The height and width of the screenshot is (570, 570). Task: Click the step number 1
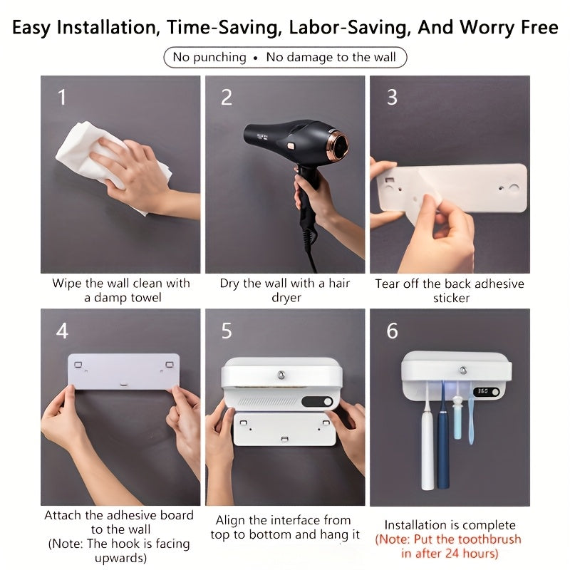[62, 97]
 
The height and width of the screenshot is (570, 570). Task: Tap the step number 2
[226, 97]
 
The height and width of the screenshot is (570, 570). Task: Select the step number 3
[391, 97]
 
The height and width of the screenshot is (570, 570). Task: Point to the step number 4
[62, 331]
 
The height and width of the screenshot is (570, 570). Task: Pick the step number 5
[226, 331]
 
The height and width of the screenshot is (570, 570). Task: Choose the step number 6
[392, 331]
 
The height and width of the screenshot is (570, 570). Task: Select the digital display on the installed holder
[486, 391]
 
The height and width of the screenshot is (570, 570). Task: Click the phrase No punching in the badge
[209, 57]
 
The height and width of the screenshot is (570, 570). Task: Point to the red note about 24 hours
[449, 546]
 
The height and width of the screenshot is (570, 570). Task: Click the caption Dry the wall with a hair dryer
[285, 291]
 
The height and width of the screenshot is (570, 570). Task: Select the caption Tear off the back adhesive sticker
[450, 291]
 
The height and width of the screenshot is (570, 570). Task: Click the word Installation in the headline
[107, 28]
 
